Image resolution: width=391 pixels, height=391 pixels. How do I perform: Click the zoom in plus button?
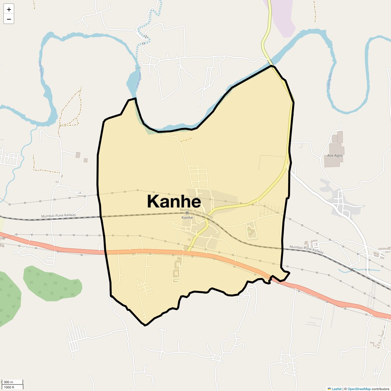click(x=9, y=9)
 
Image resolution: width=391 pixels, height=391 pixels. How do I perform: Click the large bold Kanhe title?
click(x=174, y=201)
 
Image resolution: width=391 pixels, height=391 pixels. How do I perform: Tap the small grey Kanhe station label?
click(x=187, y=218)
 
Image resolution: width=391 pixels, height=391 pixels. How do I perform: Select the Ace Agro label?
click(x=335, y=155)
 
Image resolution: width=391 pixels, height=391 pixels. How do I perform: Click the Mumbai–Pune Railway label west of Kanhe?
click(x=58, y=215)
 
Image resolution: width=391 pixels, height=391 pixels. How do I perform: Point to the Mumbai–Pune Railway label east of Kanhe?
click(x=307, y=249)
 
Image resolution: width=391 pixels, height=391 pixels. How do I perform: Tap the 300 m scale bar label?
click(x=9, y=382)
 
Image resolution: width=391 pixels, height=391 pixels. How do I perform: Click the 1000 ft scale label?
click(x=9, y=387)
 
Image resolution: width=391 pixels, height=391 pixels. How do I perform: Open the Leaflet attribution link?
click(x=337, y=389)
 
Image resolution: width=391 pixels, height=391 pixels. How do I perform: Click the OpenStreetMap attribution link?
click(x=359, y=389)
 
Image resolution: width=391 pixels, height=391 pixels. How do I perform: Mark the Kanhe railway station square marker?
click(x=187, y=213)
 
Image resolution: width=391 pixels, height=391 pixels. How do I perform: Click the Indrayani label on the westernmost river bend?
click(x=41, y=68)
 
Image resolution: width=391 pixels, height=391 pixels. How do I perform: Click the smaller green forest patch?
click(x=52, y=283)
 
